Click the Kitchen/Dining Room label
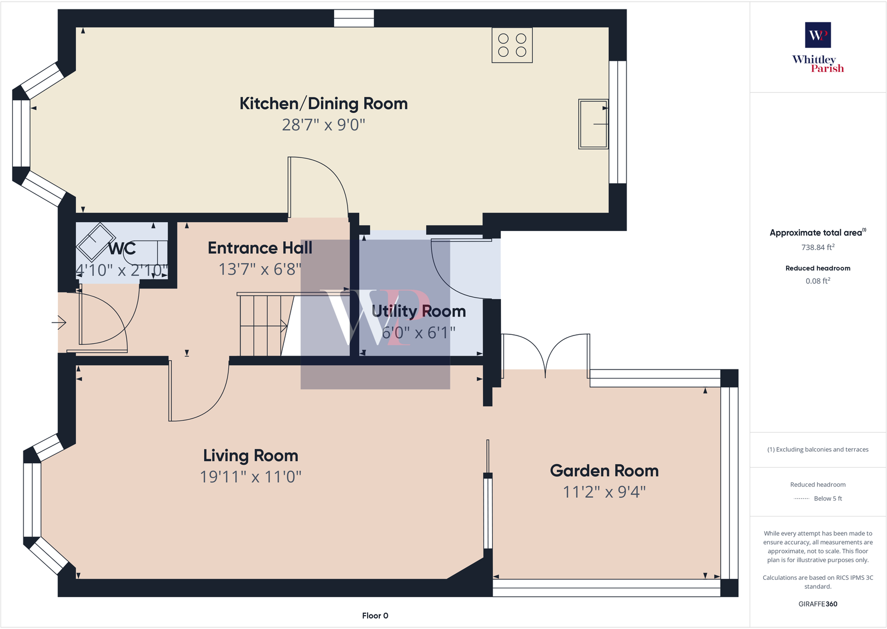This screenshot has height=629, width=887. click(x=324, y=104)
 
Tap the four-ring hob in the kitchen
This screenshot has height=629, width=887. click(x=512, y=45)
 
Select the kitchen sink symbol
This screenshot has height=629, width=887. click(x=593, y=124)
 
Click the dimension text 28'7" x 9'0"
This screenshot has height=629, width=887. click(x=324, y=125)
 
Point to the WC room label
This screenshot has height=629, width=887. click(x=122, y=248)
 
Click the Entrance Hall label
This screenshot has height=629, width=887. click(x=260, y=248)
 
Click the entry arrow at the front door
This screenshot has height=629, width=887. click(x=60, y=323)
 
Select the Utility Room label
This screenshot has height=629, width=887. click(x=418, y=311)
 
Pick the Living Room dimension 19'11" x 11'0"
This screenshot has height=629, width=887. click(x=250, y=477)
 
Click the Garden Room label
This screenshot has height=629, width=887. click(x=604, y=471)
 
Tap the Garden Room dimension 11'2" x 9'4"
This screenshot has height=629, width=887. click(x=604, y=492)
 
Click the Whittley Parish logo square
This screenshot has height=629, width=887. click(x=817, y=35)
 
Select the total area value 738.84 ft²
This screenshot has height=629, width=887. click(x=817, y=247)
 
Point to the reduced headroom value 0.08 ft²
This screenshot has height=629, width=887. click(x=817, y=281)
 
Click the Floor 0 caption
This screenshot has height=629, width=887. click(x=375, y=616)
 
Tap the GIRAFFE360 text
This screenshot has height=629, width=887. click(x=817, y=604)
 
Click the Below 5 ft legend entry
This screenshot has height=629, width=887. click(x=827, y=498)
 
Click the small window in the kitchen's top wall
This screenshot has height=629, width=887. click(x=354, y=18)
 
